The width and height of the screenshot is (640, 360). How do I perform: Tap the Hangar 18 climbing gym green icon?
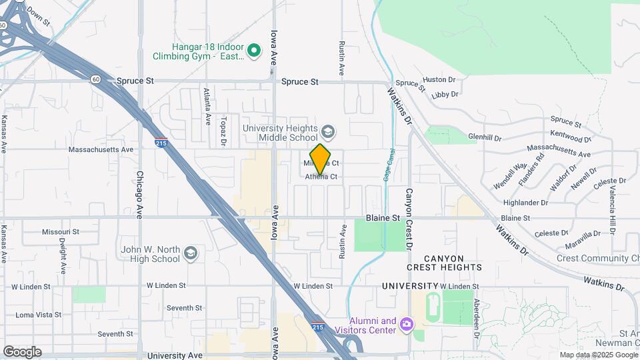pos(254,50)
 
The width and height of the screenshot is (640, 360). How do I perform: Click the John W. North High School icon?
pos(191,253)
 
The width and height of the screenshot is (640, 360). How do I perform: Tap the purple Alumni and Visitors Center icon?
pos(406,325)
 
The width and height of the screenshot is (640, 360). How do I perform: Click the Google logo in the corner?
pos(22,351)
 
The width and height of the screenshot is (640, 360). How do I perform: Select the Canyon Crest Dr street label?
pos(409,219)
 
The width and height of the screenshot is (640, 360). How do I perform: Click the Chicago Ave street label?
pos(140,195)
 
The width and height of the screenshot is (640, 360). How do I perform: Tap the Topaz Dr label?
pos(223,131)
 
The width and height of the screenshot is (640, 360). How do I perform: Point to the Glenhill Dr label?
pos(484,137)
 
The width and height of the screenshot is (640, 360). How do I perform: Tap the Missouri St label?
pos(61,232)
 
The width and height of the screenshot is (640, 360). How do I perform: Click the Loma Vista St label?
pos(38,315)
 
